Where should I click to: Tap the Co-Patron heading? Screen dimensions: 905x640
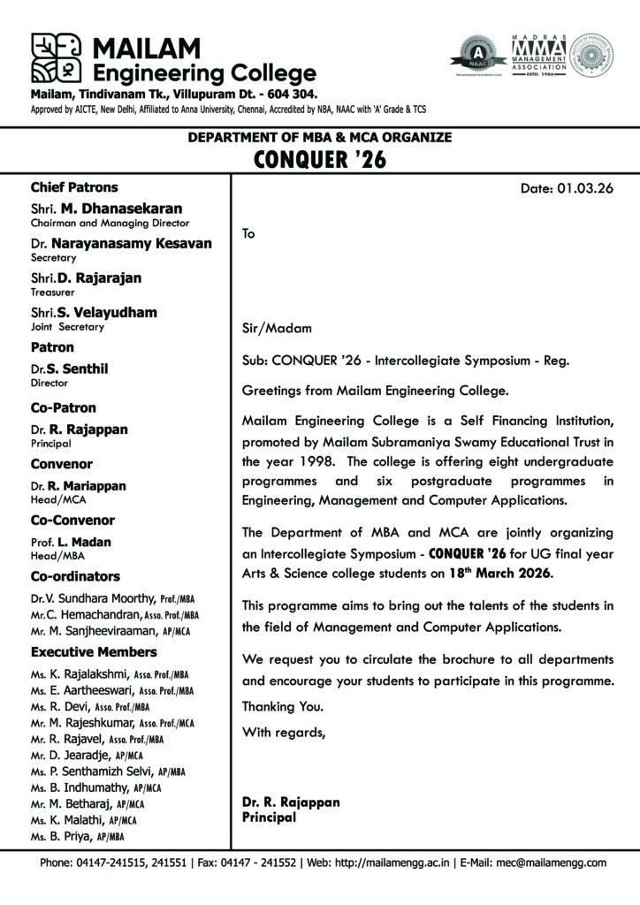pos(64,407)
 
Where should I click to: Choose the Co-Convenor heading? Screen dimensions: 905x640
pos(72,520)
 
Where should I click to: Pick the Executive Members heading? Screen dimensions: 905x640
pos(94,651)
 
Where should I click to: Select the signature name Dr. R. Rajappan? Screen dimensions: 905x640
pos(291,802)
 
